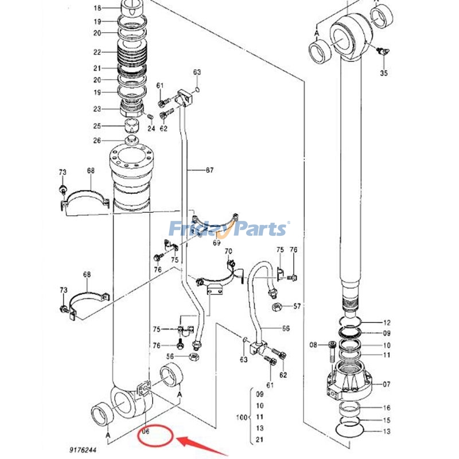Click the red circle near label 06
pyautogui.click(x=155, y=437)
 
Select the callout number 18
pyautogui.click(x=97, y=8)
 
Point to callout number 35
pyautogui.click(x=384, y=73)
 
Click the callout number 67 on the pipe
pyautogui.click(x=209, y=170)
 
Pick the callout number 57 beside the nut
pyautogui.click(x=297, y=306)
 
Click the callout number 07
pyautogui.click(x=387, y=384)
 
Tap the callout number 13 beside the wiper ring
pyautogui.click(x=387, y=431)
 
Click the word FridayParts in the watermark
pyautogui.click(x=229, y=229)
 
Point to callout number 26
pyautogui.click(x=97, y=141)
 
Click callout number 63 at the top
pyautogui.click(x=197, y=72)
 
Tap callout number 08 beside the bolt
pyautogui.click(x=313, y=345)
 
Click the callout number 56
pyautogui.click(x=170, y=356)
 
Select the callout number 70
pyautogui.click(x=228, y=251)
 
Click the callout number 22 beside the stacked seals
pyautogui.click(x=97, y=52)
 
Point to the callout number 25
pyautogui.click(x=97, y=126)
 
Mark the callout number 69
pyautogui.click(x=201, y=243)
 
